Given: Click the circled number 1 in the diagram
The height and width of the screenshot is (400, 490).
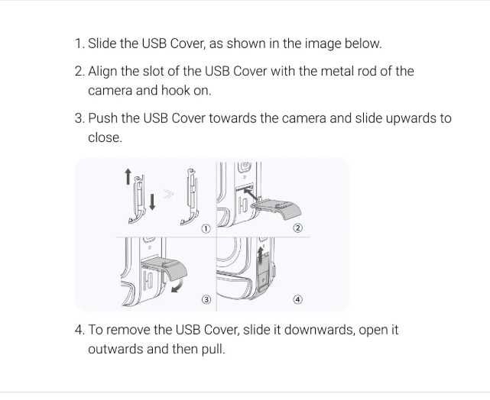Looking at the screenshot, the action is (x=206, y=229).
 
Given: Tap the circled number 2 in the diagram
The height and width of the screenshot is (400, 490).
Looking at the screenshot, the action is (x=298, y=228).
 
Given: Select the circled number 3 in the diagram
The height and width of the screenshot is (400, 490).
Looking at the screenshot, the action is (x=206, y=299).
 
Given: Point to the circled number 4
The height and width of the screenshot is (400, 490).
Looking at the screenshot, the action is (x=298, y=299).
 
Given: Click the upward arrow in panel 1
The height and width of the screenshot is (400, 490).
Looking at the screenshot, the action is (x=128, y=176).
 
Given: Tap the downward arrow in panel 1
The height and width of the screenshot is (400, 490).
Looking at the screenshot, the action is (x=152, y=202).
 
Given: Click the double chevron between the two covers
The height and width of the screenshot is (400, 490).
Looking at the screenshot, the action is (x=168, y=195).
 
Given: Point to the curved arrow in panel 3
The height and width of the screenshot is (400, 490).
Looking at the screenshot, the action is (x=177, y=286).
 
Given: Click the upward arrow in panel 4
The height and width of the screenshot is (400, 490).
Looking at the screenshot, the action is (x=260, y=255).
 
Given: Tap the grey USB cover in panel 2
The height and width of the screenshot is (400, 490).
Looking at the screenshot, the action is (x=277, y=209).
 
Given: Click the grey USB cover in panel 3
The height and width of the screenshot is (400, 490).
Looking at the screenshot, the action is (x=165, y=268).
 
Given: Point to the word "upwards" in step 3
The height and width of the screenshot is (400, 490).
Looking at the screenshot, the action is (x=411, y=119).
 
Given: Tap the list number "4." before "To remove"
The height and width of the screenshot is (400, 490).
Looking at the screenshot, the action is (x=80, y=330).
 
